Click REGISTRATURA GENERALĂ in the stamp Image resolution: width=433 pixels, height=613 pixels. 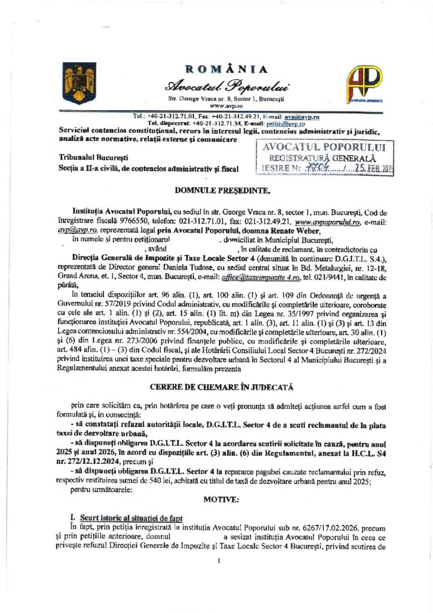324,158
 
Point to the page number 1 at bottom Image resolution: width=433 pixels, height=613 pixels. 219,560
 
